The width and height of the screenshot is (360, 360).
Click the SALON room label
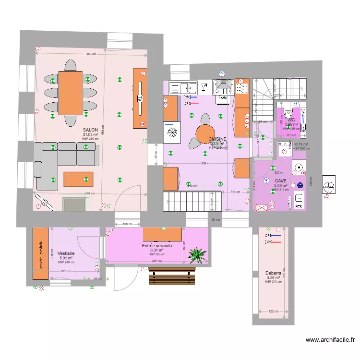click(x=90, y=130)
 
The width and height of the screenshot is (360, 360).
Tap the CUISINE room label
click(x=217, y=139)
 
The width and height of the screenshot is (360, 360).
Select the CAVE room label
click(x=280, y=181)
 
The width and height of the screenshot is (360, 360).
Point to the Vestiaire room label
click(x=65, y=253)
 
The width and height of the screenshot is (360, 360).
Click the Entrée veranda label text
click(x=156, y=245)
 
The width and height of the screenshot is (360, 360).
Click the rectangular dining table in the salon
click(x=71, y=93)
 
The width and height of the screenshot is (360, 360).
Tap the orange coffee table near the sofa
click(x=79, y=179)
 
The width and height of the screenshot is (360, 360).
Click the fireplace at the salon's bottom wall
click(x=74, y=204)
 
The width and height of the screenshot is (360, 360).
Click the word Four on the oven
click(x=223, y=98)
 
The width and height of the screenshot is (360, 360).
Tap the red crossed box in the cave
click(x=262, y=208)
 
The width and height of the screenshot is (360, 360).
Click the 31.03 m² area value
click(x=90, y=135)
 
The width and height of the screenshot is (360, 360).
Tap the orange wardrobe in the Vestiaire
click(x=40, y=253)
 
